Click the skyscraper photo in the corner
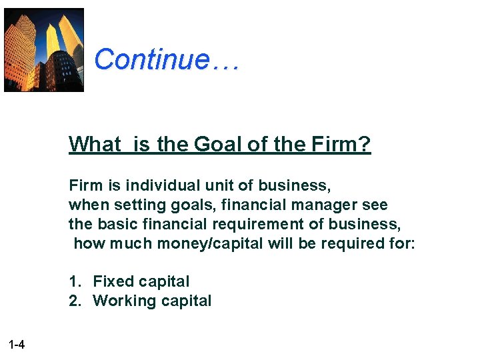point(44,50)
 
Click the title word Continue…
point(166,59)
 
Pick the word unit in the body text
point(219,185)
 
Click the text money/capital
point(210,243)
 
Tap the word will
point(282,243)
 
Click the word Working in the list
point(124,301)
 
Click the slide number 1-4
point(17,345)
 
